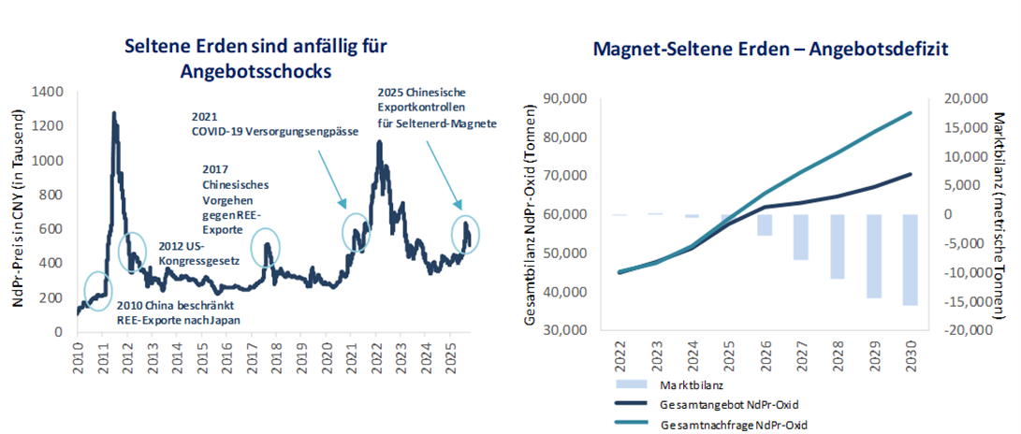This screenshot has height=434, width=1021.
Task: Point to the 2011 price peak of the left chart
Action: click(114, 114)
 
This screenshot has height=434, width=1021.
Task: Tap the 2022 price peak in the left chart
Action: click(379, 142)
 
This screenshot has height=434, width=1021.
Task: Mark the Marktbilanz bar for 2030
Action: click(909, 259)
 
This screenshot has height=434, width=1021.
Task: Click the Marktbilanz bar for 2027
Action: click(801, 237)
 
